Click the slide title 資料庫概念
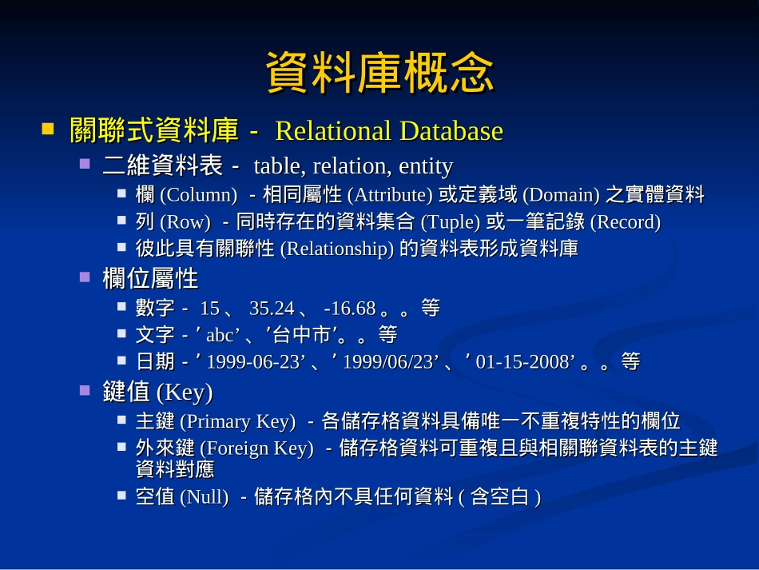[x=379, y=74]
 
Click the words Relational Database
[x=389, y=130]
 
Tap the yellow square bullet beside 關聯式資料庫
[x=49, y=128]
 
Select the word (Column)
[x=198, y=194]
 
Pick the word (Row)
[x=185, y=222]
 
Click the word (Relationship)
[x=337, y=249]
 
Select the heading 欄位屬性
[x=150, y=279]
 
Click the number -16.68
[x=349, y=309]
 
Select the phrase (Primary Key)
[x=237, y=421]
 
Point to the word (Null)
[x=204, y=497]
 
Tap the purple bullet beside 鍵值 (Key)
[x=85, y=391]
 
